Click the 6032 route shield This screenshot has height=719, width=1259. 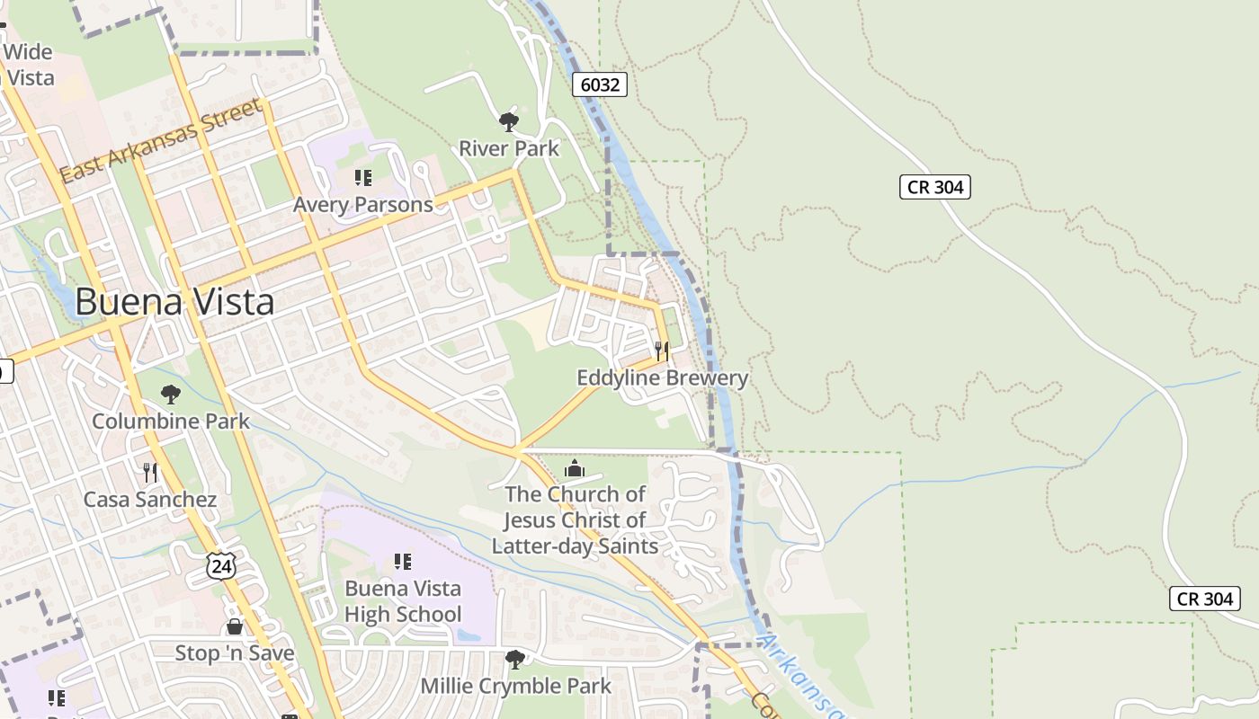600,84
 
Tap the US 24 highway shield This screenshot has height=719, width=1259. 220,565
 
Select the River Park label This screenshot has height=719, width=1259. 509,148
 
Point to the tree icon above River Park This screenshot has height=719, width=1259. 509,121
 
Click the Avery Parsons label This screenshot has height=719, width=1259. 363,205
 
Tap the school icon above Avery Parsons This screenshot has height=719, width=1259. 363,178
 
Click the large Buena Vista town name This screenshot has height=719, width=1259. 174,302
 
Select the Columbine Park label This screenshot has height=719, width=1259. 171,421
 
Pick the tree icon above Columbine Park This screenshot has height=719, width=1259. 170,394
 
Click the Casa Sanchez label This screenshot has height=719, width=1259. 150,500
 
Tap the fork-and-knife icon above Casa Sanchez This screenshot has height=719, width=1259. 150,472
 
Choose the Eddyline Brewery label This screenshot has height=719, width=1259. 662,377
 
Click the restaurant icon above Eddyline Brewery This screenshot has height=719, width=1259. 662,351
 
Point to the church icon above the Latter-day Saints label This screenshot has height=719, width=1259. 575,468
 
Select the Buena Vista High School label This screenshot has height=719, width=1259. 403,601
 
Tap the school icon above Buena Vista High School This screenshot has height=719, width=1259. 403,562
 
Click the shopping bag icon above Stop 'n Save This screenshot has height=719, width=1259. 235,626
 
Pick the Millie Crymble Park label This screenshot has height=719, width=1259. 516,687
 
